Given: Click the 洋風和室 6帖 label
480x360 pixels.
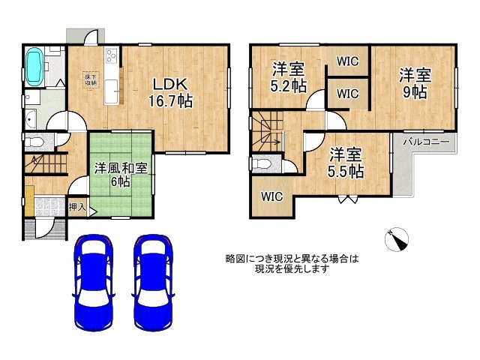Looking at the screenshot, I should (121, 174).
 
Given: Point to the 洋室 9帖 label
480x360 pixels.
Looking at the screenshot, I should (414, 83).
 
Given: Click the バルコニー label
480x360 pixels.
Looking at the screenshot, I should (425, 141).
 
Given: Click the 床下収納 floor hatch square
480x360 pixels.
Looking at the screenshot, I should (88, 78).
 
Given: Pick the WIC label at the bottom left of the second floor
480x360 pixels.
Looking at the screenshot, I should (271, 196).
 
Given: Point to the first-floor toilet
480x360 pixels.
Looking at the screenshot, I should (34, 142).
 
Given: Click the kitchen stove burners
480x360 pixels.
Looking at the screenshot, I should (112, 56).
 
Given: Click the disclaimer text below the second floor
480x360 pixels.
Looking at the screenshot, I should (292, 263).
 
